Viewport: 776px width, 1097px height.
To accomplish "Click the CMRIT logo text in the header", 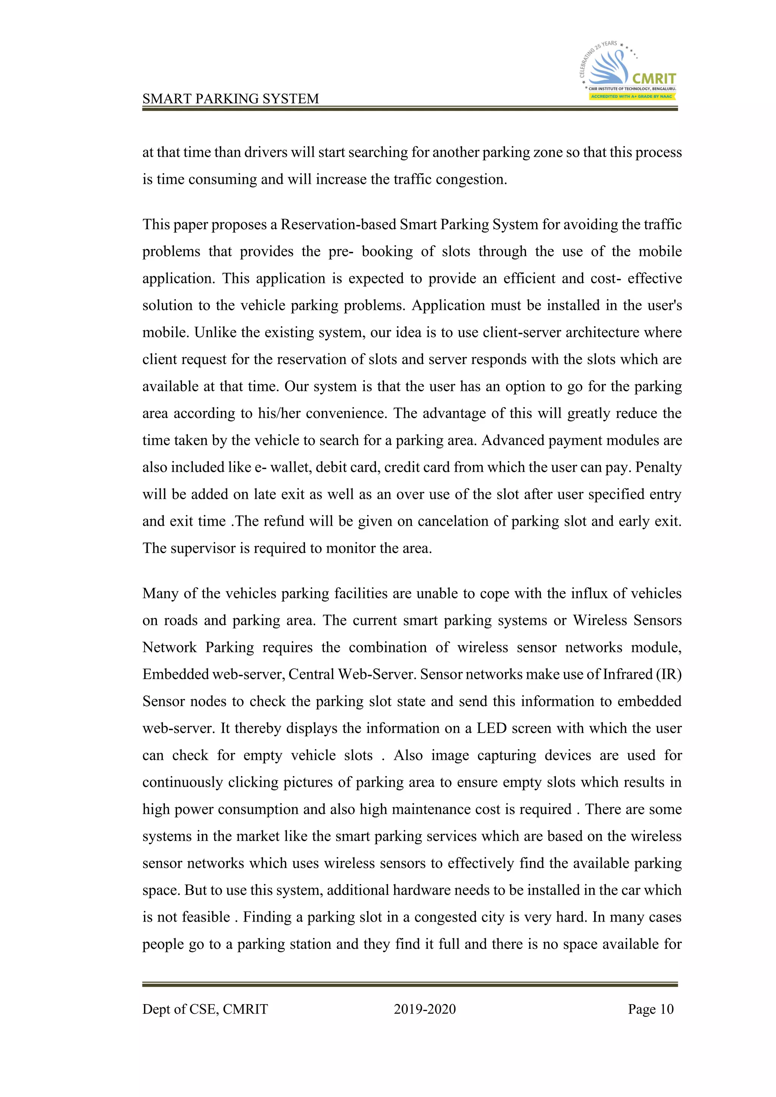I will pos(654,78).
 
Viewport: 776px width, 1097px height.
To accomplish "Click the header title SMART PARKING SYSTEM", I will pos(230,98).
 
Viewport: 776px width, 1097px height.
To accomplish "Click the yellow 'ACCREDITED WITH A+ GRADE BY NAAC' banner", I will pos(631,97).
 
